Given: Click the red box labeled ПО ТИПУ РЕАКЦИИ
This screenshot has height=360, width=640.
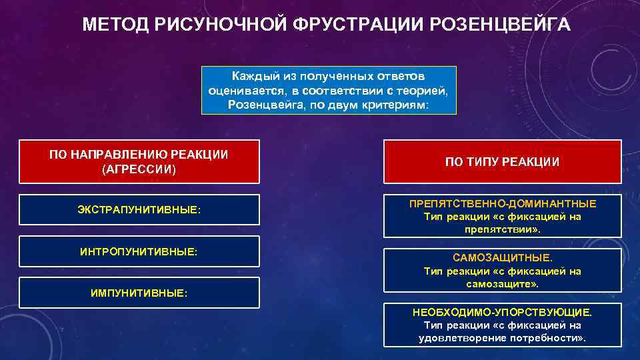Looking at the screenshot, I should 503,162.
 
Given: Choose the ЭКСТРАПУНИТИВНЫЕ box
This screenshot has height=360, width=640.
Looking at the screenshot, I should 139,210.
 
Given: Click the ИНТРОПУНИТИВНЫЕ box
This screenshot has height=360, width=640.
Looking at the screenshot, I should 139,252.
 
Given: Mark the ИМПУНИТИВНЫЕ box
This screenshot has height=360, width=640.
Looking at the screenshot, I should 139,293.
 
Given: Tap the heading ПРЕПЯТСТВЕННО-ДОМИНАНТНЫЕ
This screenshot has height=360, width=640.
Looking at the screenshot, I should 503,203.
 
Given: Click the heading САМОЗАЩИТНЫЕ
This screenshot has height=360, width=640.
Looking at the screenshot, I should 501,257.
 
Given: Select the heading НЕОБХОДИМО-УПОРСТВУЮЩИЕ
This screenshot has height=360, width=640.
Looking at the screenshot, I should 502,312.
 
